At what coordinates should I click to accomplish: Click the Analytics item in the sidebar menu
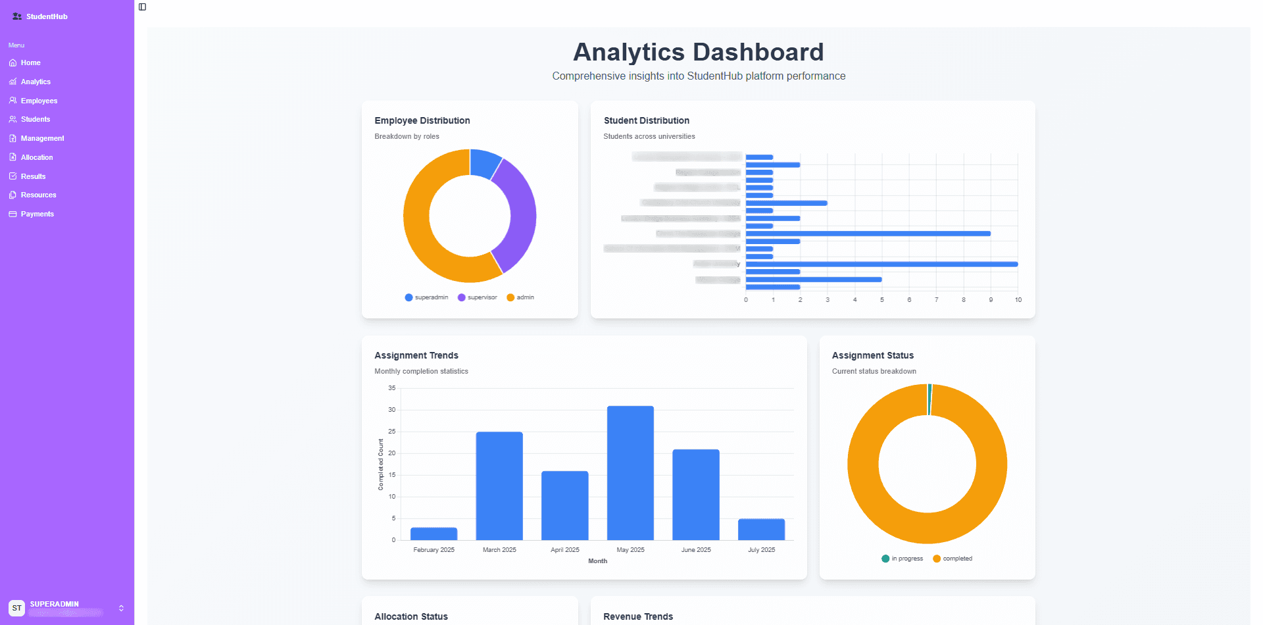click(x=35, y=82)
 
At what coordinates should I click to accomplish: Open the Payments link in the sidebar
click(x=37, y=214)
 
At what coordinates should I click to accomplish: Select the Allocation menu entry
click(x=36, y=157)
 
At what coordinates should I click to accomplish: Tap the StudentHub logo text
click(x=46, y=16)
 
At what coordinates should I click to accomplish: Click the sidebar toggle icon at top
click(x=142, y=7)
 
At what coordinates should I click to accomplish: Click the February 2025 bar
click(x=433, y=533)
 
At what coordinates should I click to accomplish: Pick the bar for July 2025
click(x=761, y=529)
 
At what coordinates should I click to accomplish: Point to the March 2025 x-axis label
click(x=499, y=550)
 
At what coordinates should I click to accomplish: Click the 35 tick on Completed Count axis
click(x=392, y=388)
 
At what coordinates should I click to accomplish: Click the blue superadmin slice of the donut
click(x=485, y=163)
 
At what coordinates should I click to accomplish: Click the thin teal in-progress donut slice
click(x=929, y=399)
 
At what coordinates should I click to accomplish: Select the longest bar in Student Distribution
click(x=881, y=264)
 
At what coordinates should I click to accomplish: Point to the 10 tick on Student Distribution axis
click(x=1018, y=300)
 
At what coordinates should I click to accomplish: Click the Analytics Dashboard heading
click(x=698, y=52)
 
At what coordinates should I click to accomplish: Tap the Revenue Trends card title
click(x=637, y=616)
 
